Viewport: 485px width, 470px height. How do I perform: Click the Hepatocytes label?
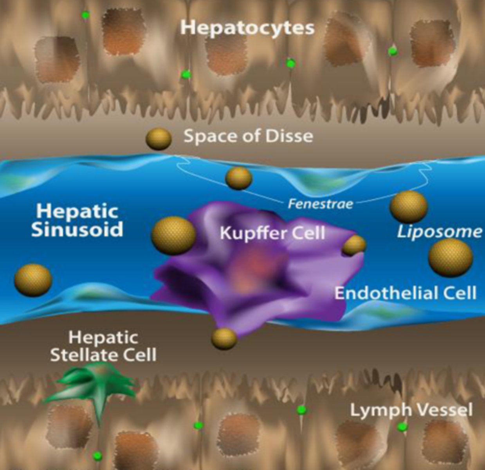247,28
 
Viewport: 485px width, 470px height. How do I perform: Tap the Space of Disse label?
248,136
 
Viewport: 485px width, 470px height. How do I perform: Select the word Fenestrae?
321,204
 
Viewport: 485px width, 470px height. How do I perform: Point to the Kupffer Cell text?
272,233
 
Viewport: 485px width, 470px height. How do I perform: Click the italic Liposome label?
439,232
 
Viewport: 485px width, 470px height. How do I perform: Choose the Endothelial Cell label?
405,293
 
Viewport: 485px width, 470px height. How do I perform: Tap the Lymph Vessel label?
411,410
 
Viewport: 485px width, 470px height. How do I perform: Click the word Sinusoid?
77,230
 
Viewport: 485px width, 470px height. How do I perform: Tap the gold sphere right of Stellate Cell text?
224,339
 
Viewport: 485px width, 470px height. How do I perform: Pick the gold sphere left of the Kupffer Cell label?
174,235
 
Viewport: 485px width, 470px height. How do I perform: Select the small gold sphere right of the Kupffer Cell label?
354,245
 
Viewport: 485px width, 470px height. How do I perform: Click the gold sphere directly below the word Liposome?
450,258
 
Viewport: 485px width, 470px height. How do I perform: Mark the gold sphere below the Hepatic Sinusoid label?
33,280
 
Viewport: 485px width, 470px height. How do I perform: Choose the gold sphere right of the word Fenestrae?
409,207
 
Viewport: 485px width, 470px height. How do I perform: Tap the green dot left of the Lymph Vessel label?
301,409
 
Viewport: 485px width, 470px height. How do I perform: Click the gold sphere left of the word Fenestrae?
238,178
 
